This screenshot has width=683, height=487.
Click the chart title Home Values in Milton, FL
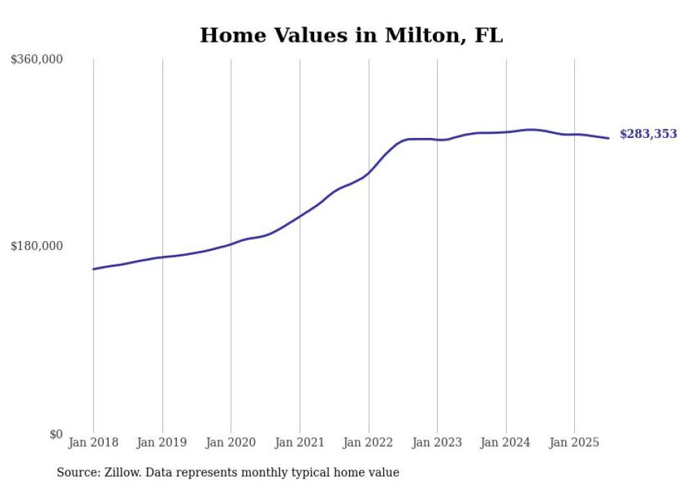[x=351, y=36]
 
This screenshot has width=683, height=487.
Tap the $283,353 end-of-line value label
[x=647, y=134]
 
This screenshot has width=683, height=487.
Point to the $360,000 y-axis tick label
[x=37, y=60]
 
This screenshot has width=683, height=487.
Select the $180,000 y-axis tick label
[x=37, y=246]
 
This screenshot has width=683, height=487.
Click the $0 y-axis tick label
[x=56, y=434]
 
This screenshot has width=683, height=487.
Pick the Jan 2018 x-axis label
[x=93, y=442]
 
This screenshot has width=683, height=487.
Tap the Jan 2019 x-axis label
[x=162, y=442]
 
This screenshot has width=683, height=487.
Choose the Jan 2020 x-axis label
[x=231, y=442]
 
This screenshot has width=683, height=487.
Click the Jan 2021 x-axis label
[x=300, y=442]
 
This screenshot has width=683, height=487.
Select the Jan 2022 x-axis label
[x=369, y=442]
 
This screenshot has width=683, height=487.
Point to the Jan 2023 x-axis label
[x=437, y=442]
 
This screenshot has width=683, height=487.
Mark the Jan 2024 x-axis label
[x=506, y=442]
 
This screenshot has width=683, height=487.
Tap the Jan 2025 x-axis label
[x=574, y=442]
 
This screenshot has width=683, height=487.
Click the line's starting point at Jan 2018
[x=93, y=269]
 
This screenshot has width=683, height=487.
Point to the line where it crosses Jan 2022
[x=369, y=172]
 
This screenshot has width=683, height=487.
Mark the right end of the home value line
[x=609, y=138]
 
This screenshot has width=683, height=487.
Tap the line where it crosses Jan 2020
[x=231, y=244]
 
